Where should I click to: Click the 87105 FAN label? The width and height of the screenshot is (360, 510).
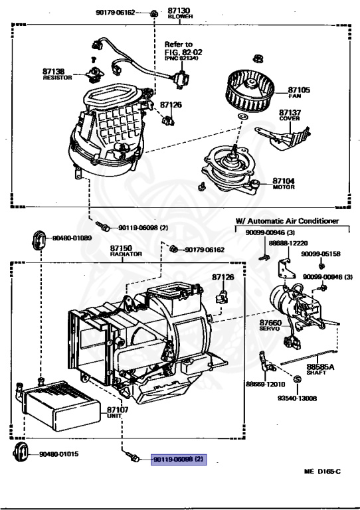pos(299,92)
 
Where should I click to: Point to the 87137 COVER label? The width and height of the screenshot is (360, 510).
pos(290,116)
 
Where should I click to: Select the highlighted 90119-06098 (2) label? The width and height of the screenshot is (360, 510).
pos(179,459)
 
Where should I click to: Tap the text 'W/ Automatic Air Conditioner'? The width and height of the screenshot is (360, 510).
pos(287,220)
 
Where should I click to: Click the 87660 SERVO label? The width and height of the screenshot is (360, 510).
pos(271,326)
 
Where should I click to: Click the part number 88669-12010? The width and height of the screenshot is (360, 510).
pos(264,384)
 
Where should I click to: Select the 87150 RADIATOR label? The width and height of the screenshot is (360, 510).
pos(122,251)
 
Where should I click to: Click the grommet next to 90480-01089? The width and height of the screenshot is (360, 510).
pos(40,238)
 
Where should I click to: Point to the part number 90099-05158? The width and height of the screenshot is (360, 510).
pos(320,254)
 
